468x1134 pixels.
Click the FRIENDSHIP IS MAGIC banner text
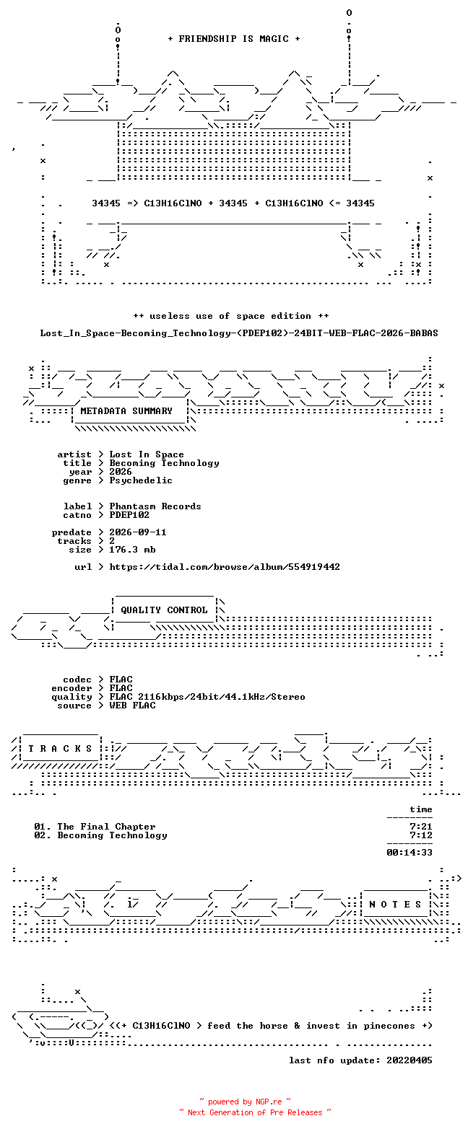[x=234, y=39]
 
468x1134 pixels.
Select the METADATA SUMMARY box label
[x=126, y=411]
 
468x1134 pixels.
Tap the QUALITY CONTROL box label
[x=164, y=610]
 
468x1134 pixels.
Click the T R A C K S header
[x=60, y=749]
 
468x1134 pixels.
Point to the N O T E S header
[x=395, y=905]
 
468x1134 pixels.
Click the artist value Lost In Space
[x=147, y=454]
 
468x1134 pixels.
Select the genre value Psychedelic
[x=141, y=480]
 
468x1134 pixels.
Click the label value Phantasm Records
[x=155, y=506]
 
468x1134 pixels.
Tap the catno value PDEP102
[x=129, y=515]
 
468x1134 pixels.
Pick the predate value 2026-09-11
[x=138, y=532]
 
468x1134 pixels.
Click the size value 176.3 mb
[x=132, y=550]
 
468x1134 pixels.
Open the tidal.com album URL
[x=225, y=567]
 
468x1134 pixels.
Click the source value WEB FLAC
[x=132, y=706]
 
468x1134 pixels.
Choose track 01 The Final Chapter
[x=95, y=827]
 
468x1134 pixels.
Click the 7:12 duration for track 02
[x=421, y=835]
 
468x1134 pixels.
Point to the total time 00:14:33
[x=409, y=853]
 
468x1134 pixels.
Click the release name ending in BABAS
[x=239, y=333]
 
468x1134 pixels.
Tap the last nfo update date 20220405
[x=409, y=1060]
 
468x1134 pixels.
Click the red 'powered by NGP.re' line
[x=246, y=1102]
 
